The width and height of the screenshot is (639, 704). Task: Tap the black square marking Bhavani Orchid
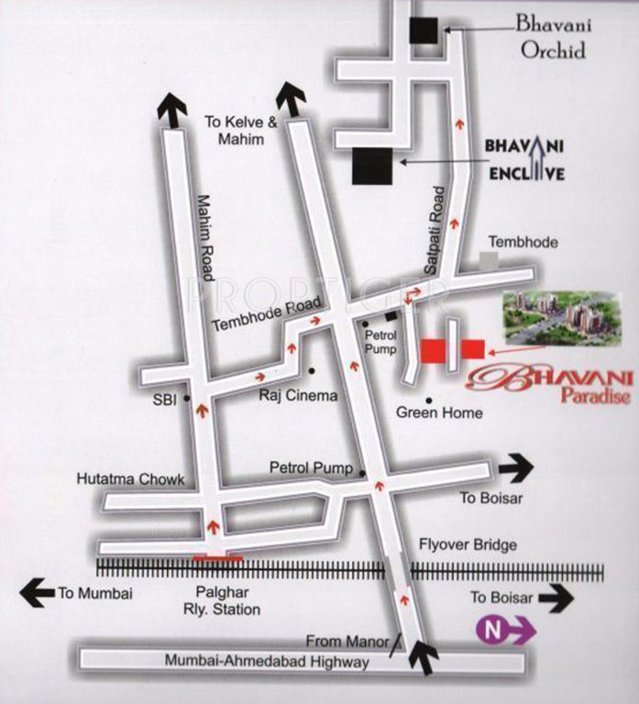click(x=424, y=30)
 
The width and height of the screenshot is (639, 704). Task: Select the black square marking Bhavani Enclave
click(x=371, y=166)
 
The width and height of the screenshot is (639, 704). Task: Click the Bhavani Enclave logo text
click(x=523, y=159)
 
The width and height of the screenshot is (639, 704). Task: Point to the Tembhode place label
click(x=523, y=242)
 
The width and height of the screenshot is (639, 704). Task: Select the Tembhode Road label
click(x=267, y=314)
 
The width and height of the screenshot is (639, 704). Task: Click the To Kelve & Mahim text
click(x=235, y=130)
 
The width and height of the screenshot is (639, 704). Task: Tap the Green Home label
click(x=438, y=412)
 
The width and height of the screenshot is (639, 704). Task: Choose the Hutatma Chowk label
click(x=131, y=479)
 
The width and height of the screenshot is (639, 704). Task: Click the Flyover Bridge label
click(x=468, y=544)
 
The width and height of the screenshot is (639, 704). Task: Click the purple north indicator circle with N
click(x=490, y=630)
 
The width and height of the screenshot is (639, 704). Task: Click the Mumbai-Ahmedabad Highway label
click(x=267, y=661)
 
